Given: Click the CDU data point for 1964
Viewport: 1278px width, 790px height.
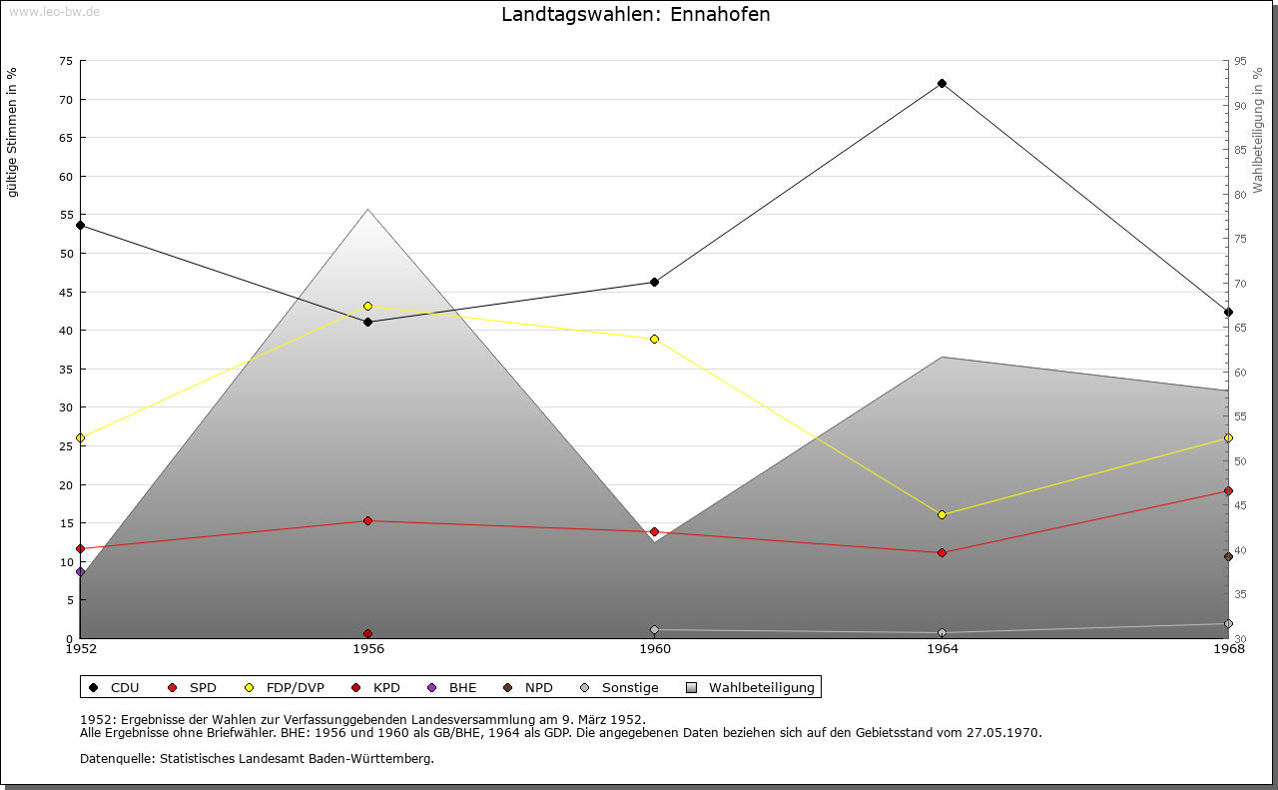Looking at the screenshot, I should pos(942,84).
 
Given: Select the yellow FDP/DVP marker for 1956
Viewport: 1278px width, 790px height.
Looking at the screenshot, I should pos(367,307).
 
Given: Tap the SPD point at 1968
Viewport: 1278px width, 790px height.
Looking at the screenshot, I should pos(1228,491).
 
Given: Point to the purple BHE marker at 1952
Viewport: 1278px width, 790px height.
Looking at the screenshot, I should pos(80,572).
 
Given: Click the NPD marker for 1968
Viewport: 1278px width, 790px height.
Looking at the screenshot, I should pos(1228,557).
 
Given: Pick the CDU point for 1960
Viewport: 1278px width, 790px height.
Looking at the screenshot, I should pos(654,283).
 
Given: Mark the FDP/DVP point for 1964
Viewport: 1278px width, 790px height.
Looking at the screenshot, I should pos(942,515).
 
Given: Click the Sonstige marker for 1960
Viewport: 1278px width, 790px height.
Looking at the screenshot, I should pos(654,630).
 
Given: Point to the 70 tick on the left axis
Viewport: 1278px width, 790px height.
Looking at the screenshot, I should pos(65,100).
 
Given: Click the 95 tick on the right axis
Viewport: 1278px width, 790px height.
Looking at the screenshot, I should pos(1240,61).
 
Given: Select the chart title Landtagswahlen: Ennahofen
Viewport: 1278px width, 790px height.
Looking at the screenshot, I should pos(636,15).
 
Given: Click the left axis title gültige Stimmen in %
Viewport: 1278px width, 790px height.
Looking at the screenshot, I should pos(13,132).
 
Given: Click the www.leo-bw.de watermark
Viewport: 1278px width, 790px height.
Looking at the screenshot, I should pos(54,11).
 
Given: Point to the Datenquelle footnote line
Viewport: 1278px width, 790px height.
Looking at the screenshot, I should pos(257,759).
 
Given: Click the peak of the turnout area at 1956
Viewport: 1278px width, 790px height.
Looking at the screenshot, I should pos(367,210).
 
